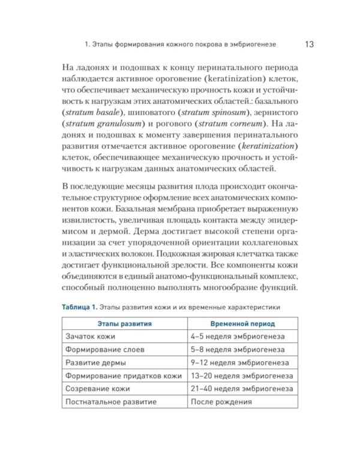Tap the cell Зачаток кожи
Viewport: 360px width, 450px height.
coord(89,337)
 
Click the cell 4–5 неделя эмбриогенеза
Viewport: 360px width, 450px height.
coord(238,337)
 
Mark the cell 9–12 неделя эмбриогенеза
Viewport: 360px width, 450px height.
coord(240,363)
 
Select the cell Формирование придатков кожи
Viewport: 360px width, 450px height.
coord(123,376)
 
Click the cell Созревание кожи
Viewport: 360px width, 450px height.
coord(96,389)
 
